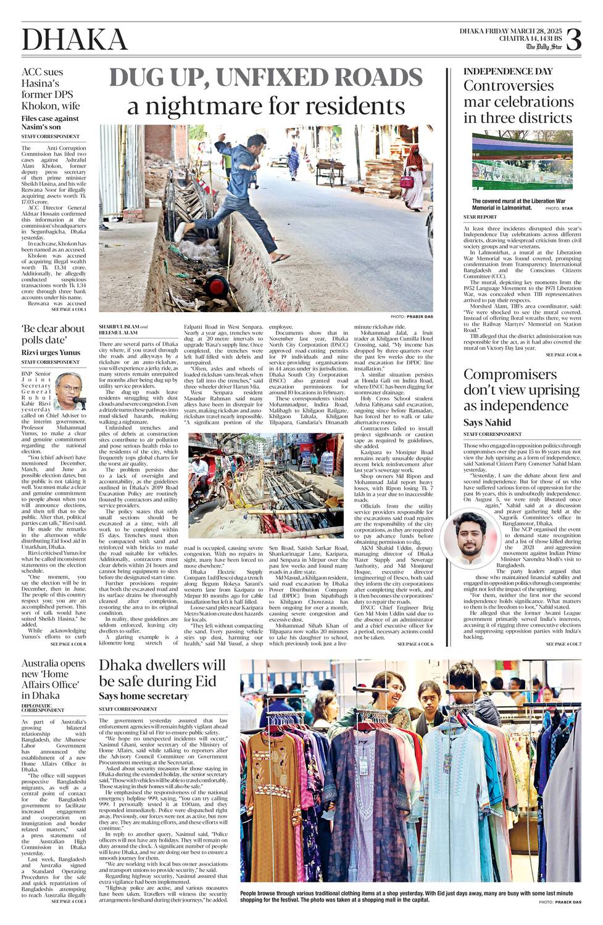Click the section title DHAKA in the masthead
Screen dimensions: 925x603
coord(75,40)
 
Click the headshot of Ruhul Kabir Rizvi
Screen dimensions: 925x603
coord(69,390)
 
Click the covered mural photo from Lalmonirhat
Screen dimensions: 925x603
coord(522,160)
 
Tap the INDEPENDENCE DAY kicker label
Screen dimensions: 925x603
coord(508,72)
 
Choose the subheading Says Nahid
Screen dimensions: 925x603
coord(487,422)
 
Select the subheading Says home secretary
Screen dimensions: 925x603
coord(143,696)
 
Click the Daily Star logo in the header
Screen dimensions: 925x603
coord(544,46)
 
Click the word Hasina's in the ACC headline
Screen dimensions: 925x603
coord(40,83)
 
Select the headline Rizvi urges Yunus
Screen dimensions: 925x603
coord(51,353)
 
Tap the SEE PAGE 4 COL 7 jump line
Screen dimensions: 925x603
coord(563,644)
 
